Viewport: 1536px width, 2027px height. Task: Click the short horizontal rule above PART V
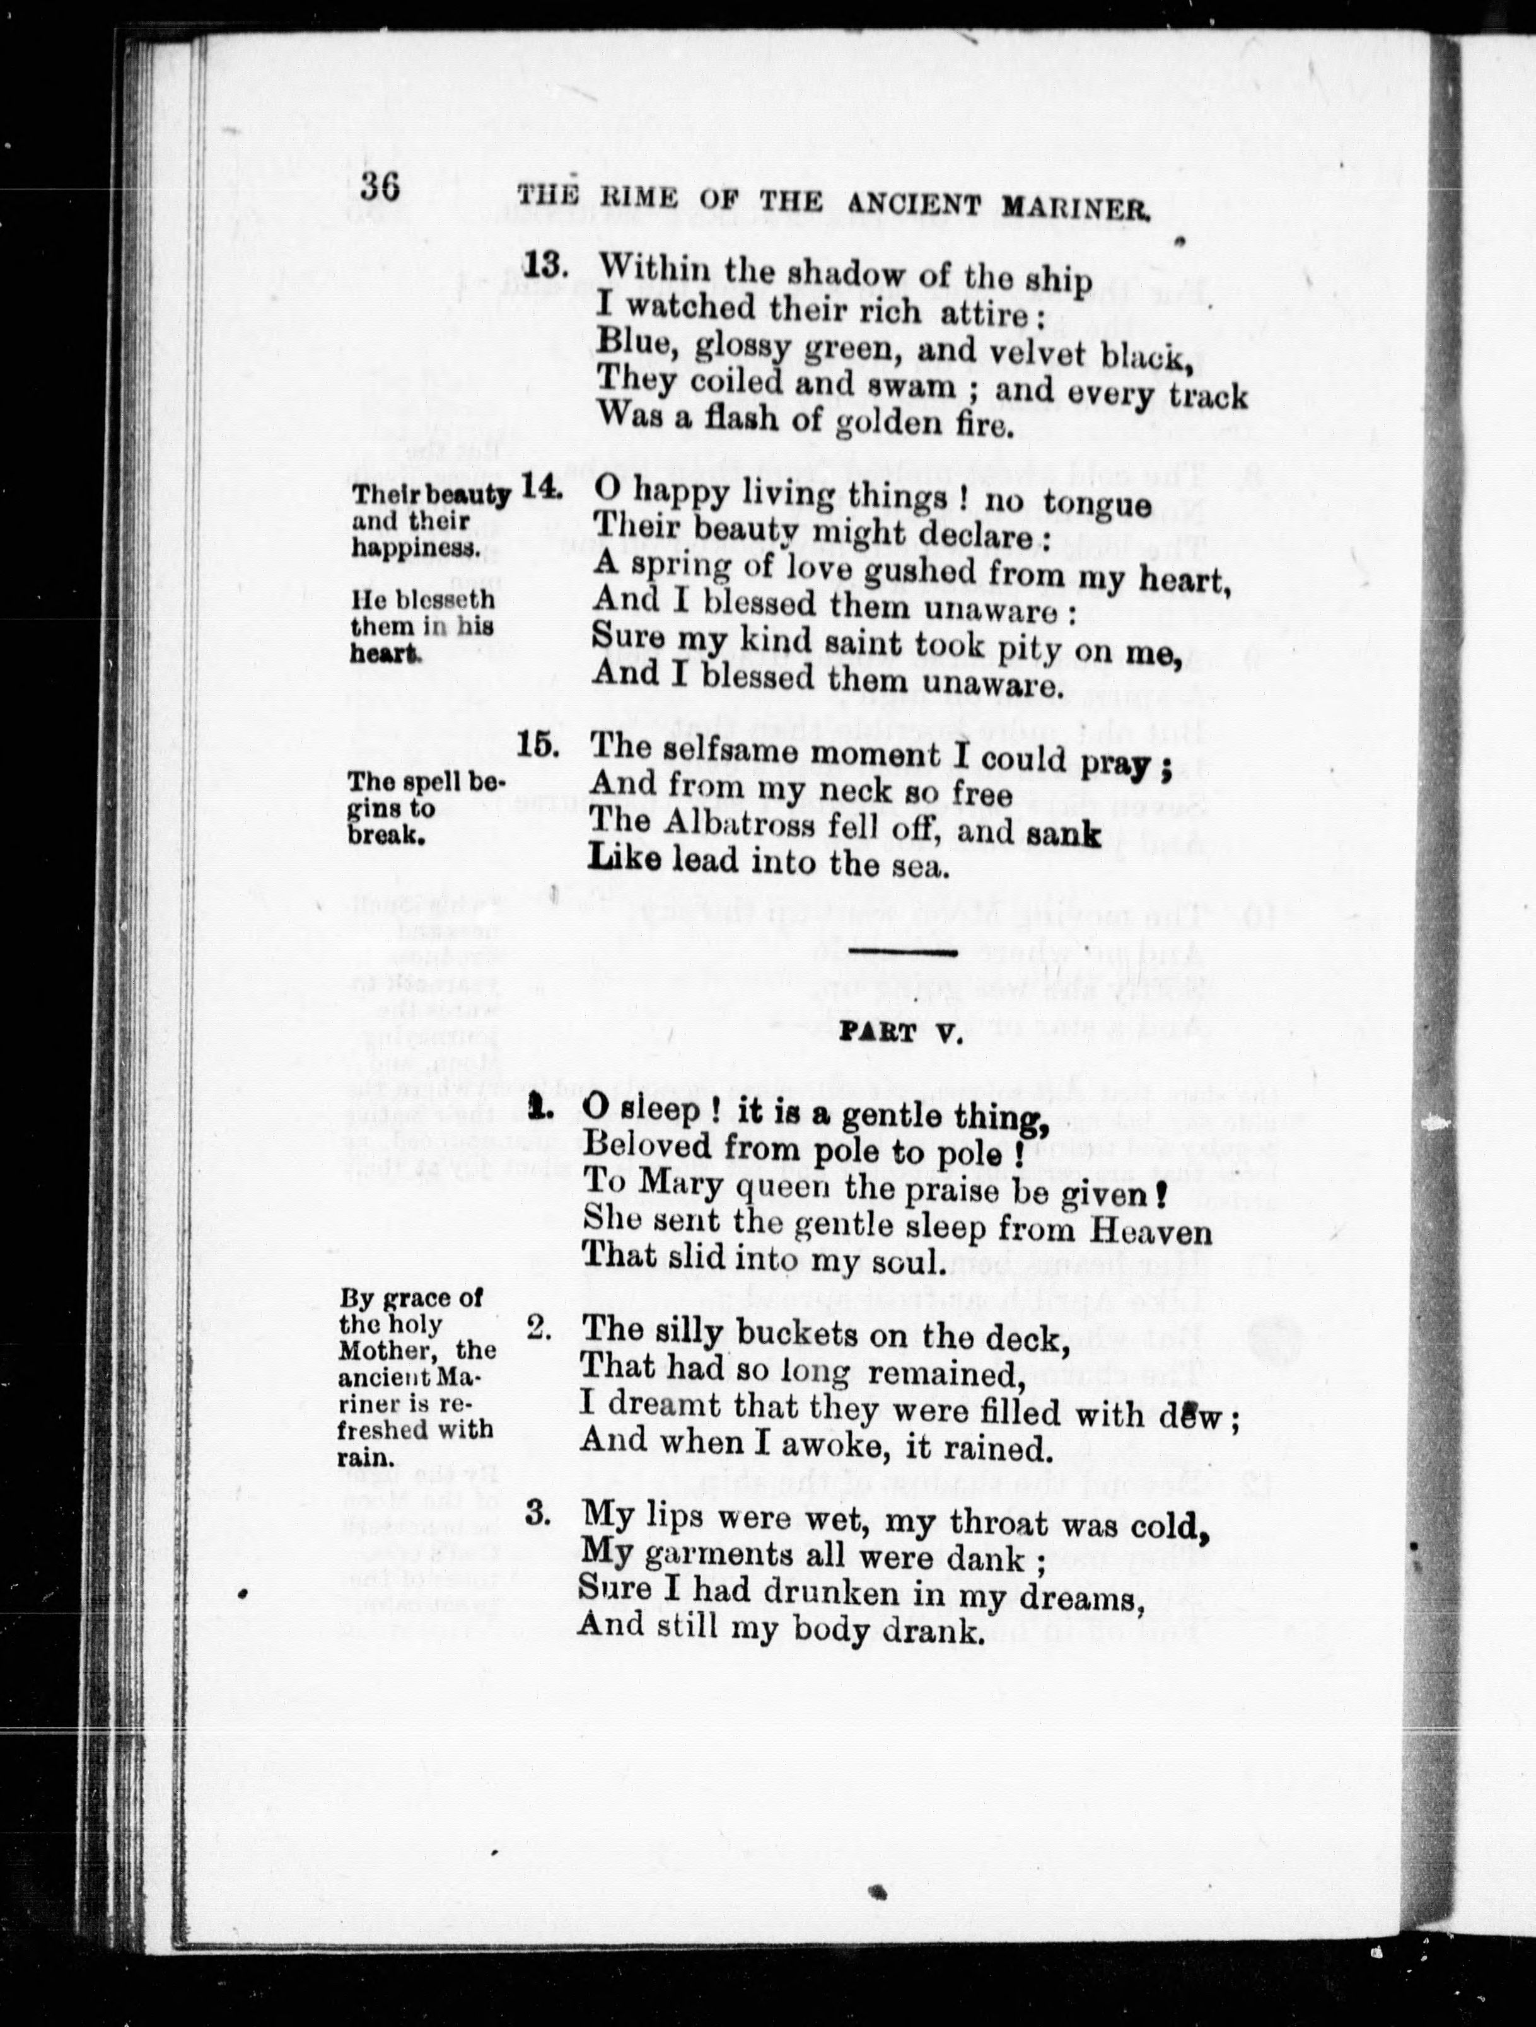903,952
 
